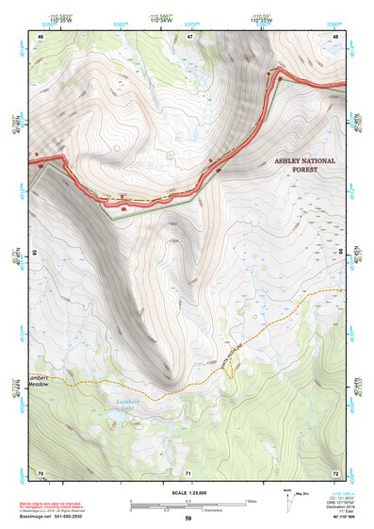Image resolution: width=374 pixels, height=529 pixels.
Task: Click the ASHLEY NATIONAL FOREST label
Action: pyautogui.click(x=304, y=166)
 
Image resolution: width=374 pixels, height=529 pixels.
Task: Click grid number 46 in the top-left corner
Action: pyautogui.click(x=41, y=37)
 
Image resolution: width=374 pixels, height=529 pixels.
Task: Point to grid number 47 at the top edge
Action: pyautogui.click(x=188, y=37)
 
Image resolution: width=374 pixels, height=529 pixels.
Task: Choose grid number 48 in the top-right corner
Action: pyautogui.click(x=335, y=37)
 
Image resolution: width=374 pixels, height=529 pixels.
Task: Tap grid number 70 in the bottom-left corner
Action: pyautogui.click(x=41, y=471)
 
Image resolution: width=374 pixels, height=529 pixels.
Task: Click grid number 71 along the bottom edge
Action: pyautogui.click(x=188, y=471)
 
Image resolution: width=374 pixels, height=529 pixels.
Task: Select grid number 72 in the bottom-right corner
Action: pyautogui.click(x=335, y=471)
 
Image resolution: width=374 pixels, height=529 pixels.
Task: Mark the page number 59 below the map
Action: pyautogui.click(x=187, y=518)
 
